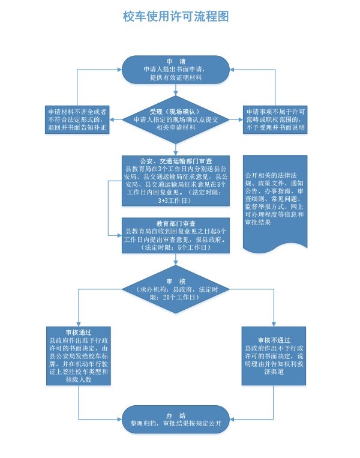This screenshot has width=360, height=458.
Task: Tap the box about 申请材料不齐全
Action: click(x=78, y=120)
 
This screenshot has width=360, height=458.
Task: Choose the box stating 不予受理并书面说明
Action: click(x=274, y=120)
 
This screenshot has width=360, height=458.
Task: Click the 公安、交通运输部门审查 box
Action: click(x=176, y=181)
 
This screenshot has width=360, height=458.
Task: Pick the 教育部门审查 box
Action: click(x=176, y=235)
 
